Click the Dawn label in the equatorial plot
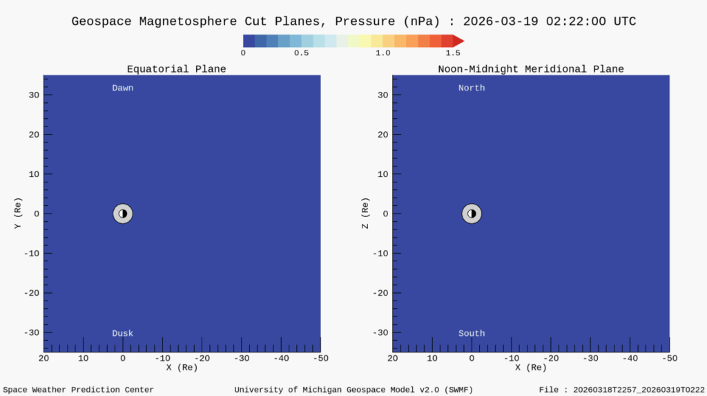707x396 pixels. pyautogui.click(x=123, y=88)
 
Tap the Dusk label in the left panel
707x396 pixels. pyautogui.click(x=123, y=333)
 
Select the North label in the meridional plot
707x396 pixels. pyautogui.click(x=472, y=88)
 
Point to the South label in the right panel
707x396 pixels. pyautogui.click(x=472, y=333)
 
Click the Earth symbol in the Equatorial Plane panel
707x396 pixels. pyautogui.click(x=123, y=214)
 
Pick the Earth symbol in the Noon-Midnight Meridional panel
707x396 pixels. pyautogui.click(x=472, y=214)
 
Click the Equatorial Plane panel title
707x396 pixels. pyautogui.click(x=176, y=69)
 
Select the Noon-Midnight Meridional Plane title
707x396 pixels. pyautogui.click(x=530, y=69)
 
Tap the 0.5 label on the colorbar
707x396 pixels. pyautogui.click(x=301, y=53)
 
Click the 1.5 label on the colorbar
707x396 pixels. pyautogui.click(x=453, y=53)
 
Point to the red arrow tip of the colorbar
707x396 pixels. pyautogui.click(x=459, y=41)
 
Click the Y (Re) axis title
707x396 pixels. pyautogui.click(x=18, y=214)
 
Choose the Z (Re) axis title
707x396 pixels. pyautogui.click(x=365, y=214)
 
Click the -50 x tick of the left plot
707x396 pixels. pyautogui.click(x=320, y=358)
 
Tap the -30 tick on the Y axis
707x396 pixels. pyautogui.click(x=30, y=332)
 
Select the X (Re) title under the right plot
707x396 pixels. pyautogui.click(x=530, y=367)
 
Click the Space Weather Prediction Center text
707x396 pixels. pyautogui.click(x=79, y=390)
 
